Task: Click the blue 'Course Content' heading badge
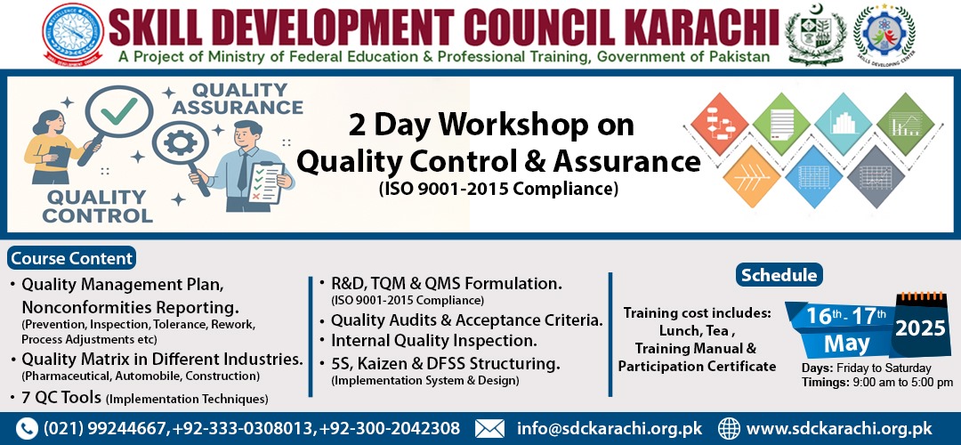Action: coord(72,258)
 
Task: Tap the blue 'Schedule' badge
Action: coord(779,275)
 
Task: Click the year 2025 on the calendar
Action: coord(920,328)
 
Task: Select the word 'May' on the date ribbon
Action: coord(847,344)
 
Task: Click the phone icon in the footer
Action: coord(27,428)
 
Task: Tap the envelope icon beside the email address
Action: coord(489,428)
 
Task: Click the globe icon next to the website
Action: coord(729,428)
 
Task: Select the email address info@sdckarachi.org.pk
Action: coord(610,428)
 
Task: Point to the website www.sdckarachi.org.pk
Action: coord(838,428)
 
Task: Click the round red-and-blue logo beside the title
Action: coord(73,33)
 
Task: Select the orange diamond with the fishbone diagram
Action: coord(751,176)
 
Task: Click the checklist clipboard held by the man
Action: coord(267,182)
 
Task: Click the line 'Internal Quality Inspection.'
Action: coord(434,340)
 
